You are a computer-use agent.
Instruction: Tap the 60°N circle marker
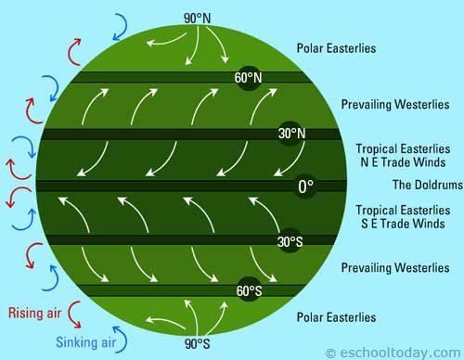pyautogui.click(x=245, y=78)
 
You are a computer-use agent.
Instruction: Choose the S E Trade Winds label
pyautogui.click(x=403, y=222)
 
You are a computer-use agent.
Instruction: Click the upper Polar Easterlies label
pyautogui.click(x=336, y=47)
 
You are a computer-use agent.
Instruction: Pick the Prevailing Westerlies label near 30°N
pyautogui.click(x=395, y=104)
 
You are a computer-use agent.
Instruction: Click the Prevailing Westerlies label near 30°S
pyautogui.click(x=395, y=268)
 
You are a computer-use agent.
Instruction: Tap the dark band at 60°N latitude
pyautogui.click(x=148, y=77)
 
